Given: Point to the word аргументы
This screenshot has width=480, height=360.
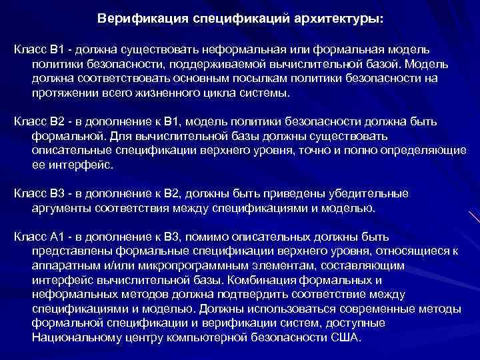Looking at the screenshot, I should [62, 209].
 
